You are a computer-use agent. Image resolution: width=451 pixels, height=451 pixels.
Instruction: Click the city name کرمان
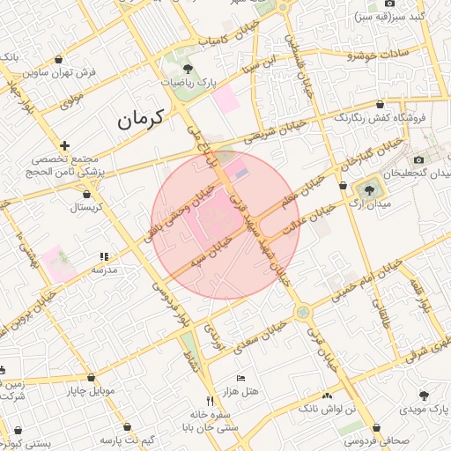click(x=141, y=118)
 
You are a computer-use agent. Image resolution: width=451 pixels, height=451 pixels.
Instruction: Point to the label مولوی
click(x=71, y=101)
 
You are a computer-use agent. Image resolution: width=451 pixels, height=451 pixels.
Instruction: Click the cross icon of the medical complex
click(x=64, y=145)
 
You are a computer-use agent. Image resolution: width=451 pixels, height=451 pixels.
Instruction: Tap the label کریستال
click(x=85, y=208)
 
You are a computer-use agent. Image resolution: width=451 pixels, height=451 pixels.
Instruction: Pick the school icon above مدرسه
click(x=105, y=256)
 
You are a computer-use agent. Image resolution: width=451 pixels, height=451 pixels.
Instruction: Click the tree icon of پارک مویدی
click(x=424, y=396)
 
